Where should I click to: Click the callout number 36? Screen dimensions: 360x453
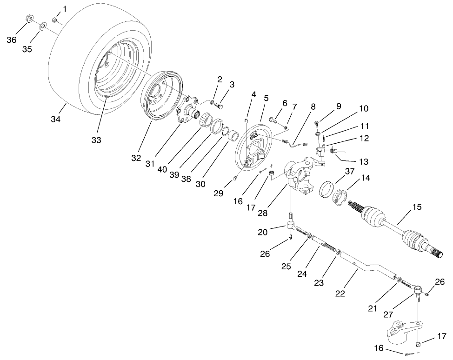point(11,40)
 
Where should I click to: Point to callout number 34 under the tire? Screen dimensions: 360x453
point(55,120)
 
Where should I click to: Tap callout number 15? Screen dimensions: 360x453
point(417,207)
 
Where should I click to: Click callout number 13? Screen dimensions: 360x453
point(363,161)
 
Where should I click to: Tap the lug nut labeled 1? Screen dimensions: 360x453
point(54,20)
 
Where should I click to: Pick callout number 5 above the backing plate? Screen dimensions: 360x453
point(266,98)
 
